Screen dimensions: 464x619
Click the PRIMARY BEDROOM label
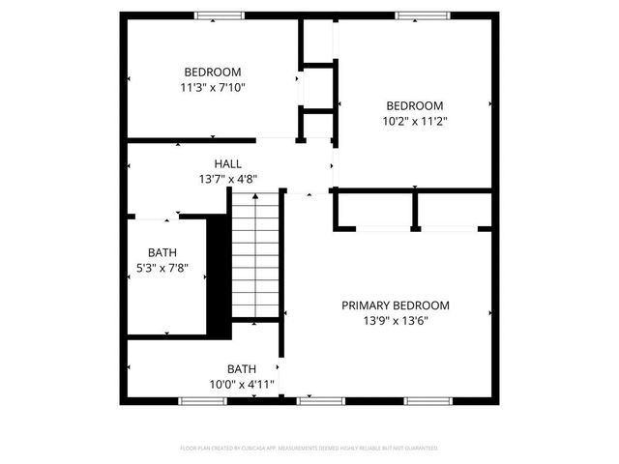click(395, 305)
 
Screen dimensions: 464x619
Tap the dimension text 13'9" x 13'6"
click(395, 320)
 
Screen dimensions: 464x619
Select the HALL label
click(228, 164)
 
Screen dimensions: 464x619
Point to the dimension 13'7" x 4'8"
click(228, 179)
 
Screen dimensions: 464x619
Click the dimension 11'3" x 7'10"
click(213, 87)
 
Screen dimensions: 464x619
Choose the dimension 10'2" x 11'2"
click(415, 122)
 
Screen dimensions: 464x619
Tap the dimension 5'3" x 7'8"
click(162, 268)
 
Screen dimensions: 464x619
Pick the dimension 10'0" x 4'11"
click(242, 384)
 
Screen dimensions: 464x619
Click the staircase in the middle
click(256, 255)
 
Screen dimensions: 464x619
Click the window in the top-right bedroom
click(422, 15)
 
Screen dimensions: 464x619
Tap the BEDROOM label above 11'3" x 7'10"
click(213, 72)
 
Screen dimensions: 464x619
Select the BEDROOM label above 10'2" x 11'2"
click(415, 106)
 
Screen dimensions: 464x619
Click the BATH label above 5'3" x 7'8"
click(162, 253)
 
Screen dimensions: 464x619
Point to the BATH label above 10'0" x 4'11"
click(242, 369)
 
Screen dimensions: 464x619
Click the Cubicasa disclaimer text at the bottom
click(309, 449)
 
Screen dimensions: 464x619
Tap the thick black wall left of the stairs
click(219, 275)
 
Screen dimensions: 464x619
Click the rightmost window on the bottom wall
click(428, 400)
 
